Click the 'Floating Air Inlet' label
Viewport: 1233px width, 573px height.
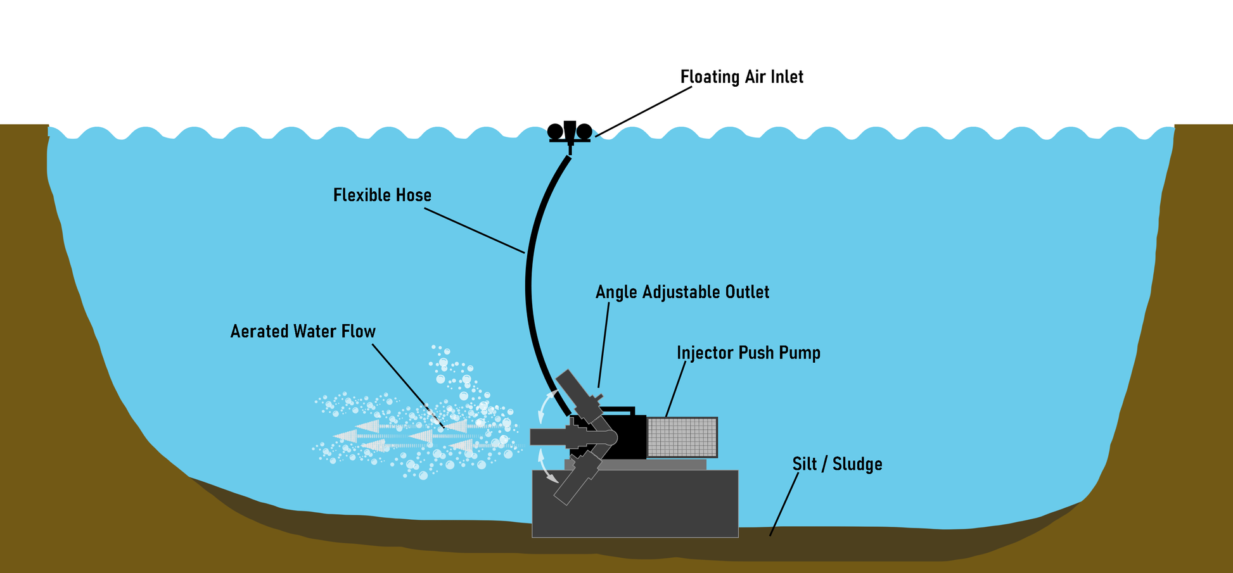point(741,77)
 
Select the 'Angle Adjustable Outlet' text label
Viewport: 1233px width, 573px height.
point(682,293)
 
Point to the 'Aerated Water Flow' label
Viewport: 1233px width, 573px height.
point(303,332)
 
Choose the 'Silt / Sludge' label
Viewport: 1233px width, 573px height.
point(836,464)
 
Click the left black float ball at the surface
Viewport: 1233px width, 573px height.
point(555,131)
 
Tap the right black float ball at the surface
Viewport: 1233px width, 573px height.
point(584,131)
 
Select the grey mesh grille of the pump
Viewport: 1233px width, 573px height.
point(682,437)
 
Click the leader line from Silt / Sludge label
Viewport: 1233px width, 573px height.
point(784,503)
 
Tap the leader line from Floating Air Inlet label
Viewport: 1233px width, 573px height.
point(643,111)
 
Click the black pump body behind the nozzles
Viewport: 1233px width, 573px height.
point(630,437)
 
